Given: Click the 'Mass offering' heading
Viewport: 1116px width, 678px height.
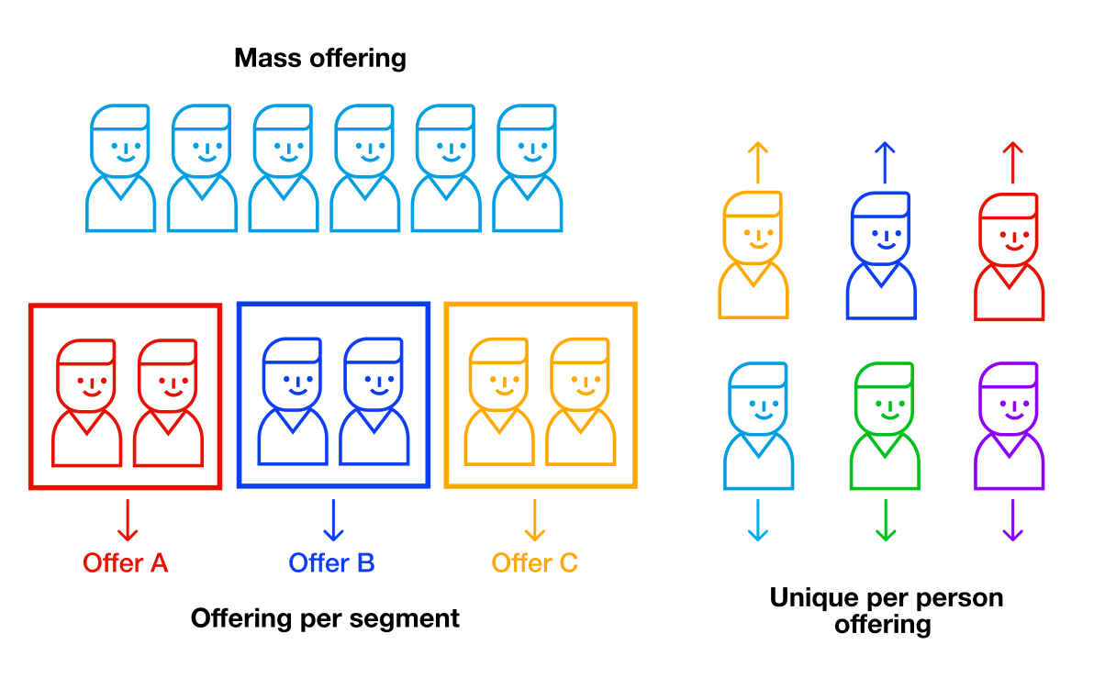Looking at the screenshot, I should tap(319, 59).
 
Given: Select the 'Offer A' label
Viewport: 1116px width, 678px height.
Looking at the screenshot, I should tap(126, 562).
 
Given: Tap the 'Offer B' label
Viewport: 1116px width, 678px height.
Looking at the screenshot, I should tap(331, 562).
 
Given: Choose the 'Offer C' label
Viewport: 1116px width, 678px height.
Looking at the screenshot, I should tap(535, 562).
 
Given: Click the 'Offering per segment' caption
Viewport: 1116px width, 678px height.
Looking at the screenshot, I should tap(325, 618).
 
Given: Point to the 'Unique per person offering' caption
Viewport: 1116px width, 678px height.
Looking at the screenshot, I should tap(886, 611).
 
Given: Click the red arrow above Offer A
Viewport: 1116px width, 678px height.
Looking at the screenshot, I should tap(127, 519).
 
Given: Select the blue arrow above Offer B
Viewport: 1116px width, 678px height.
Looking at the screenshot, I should tap(332, 519).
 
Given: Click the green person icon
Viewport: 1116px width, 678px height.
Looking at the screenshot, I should tap(885, 426).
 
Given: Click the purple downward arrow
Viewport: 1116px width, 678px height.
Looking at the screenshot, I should tap(1011, 520).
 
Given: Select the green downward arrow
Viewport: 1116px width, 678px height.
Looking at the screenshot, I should tap(886, 520).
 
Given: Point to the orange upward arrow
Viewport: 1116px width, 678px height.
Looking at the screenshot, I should tap(756, 162).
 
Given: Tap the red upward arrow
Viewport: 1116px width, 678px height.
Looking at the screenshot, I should tap(1011, 162).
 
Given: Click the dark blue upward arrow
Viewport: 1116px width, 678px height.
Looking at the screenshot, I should tap(884, 162).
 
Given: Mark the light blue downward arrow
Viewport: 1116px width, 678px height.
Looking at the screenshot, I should tap(758, 520).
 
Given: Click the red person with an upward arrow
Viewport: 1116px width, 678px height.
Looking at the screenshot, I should tap(1009, 257).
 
